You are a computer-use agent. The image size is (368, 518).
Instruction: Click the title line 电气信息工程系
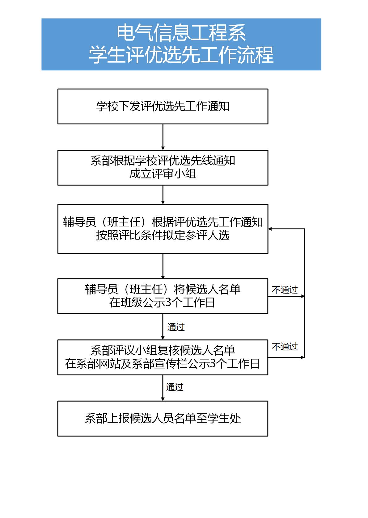tap(181, 33)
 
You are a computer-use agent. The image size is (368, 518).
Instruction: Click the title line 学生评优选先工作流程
tap(181, 55)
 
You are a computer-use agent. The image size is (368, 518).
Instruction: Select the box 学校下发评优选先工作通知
tap(163, 107)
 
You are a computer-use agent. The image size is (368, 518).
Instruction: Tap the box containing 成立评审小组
tap(163, 168)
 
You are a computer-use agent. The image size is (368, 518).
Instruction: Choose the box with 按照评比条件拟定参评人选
tap(163, 229)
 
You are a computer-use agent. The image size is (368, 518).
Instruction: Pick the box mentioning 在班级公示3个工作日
tap(163, 296)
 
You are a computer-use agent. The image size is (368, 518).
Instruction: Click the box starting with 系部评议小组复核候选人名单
tap(163, 357)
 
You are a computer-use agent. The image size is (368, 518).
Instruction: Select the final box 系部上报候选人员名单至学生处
tap(163, 419)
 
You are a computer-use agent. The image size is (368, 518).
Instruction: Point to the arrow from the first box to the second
tap(163, 137)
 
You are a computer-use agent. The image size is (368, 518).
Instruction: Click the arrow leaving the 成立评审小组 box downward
tap(163, 195)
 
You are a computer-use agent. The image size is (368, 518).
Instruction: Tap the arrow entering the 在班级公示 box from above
tap(163, 266)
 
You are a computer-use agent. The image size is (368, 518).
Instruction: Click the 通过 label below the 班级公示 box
tap(176, 327)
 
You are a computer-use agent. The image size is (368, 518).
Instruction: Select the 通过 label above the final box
tap(175, 387)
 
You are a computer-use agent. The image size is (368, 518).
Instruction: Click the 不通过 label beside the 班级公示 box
tap(285, 290)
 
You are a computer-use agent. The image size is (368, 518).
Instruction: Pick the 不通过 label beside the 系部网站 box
tap(285, 347)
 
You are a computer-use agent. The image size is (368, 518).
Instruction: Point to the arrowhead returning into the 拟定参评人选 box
tap(270, 229)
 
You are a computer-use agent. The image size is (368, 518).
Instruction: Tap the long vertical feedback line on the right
tap(305, 293)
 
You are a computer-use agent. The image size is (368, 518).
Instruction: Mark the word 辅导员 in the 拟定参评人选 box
tap(79, 222)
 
